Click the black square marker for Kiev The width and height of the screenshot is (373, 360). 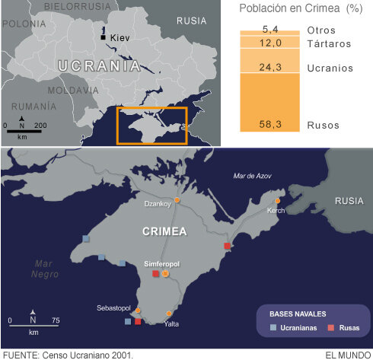pos(103,37)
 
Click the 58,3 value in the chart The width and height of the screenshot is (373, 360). pos(263,124)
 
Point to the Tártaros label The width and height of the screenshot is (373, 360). pos(329,43)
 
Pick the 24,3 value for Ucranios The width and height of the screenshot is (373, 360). pos(263,68)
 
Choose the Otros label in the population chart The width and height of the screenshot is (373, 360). pos(320,30)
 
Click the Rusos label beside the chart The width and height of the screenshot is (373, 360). pos(322,124)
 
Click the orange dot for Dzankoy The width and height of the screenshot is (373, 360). pos(177,200)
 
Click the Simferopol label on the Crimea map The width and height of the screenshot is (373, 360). pos(161,263)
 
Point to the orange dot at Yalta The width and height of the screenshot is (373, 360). pos(169,314)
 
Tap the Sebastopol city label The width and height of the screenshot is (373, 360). pos(113,308)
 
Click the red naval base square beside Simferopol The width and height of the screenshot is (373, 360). pos(156,274)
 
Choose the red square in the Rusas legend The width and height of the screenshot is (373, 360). pos(330,328)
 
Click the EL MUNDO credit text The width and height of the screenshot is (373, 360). pos(347,355)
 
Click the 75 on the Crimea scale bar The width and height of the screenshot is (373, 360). pos(56,320)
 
